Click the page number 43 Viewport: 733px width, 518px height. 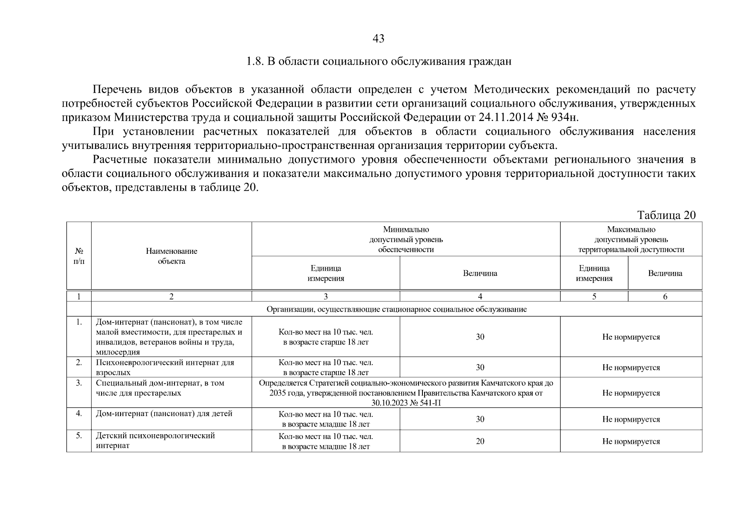coord(378,39)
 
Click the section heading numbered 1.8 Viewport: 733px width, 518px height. coord(378,61)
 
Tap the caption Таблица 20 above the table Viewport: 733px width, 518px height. coord(666,215)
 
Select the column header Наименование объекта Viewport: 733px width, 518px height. coord(171,256)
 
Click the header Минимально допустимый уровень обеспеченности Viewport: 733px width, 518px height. coord(406,240)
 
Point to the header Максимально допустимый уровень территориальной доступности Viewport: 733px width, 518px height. coord(631,240)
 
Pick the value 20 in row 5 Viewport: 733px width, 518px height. coord(480,441)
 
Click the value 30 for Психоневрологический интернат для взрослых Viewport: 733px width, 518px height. coord(480,367)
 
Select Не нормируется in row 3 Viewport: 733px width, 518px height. coord(631,393)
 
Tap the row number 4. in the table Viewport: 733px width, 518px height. coord(79,414)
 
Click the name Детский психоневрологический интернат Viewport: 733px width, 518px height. coord(155,441)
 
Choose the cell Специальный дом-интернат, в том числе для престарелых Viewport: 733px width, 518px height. coord(160,388)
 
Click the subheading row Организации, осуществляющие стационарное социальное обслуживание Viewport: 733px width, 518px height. coord(397,310)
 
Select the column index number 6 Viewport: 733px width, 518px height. coord(665,297)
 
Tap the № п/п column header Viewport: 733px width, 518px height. coord(79,256)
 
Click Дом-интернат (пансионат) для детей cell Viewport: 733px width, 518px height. coord(164,414)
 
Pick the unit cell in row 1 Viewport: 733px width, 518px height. coord(326,337)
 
